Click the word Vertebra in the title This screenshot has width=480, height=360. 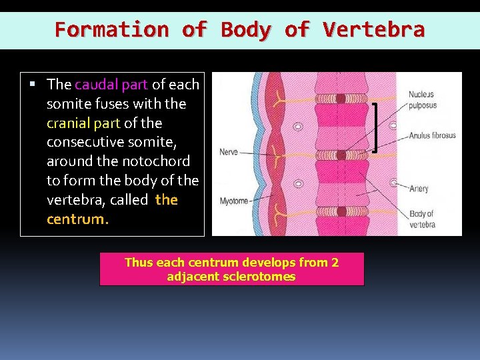[x=373, y=30]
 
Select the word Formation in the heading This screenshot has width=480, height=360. [x=112, y=30]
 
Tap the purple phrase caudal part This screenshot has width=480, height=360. [x=112, y=85]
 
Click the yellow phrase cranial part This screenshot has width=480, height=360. [x=83, y=123]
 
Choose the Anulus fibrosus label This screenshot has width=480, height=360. [x=432, y=135]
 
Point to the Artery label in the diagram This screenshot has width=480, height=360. [x=419, y=189]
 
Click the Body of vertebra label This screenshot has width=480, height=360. [x=421, y=219]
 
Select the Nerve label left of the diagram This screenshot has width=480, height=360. [x=228, y=153]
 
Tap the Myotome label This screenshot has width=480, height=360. [x=234, y=201]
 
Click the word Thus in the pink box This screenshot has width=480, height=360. [x=139, y=263]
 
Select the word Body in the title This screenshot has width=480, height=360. [x=245, y=30]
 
